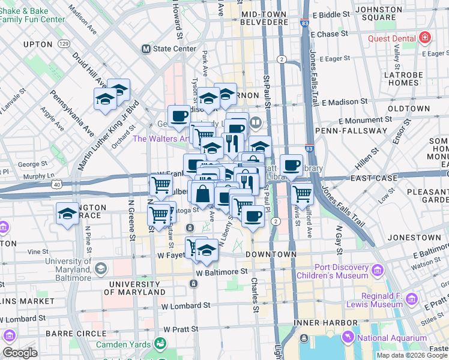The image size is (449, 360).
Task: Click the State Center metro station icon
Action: pos(145,49)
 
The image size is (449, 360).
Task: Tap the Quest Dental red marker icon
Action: pos(425,38)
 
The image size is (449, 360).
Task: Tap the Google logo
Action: pos(20,352)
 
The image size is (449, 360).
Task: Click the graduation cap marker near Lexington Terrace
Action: pos(67,214)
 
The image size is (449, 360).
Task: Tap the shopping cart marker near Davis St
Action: pos(302,194)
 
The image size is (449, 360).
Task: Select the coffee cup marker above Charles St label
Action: pos(253,216)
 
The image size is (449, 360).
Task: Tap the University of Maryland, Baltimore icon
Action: pos(100,268)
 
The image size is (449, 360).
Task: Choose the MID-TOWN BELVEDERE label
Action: pos(264,17)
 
